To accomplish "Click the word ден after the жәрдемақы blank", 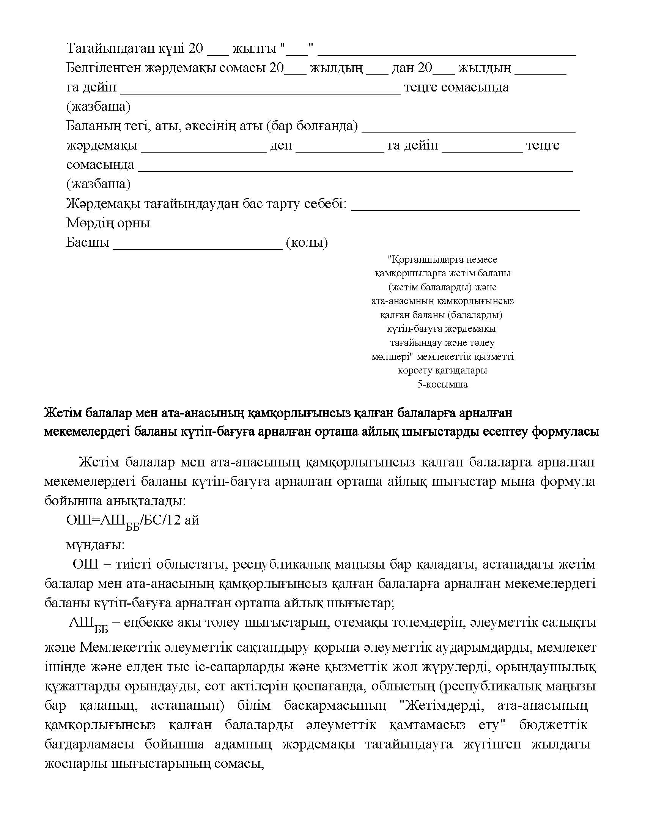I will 281,146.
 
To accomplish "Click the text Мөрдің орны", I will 108,223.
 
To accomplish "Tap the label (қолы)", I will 307,243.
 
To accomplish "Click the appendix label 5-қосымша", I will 442,384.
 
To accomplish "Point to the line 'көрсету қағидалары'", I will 442,370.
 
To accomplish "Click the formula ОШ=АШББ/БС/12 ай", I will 132,521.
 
